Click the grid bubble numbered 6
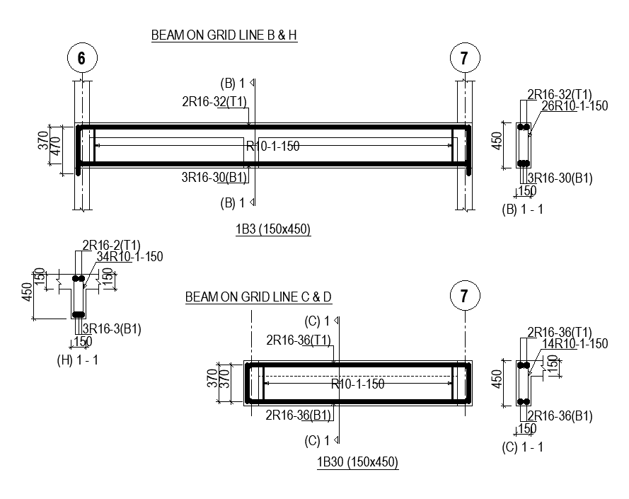pyautogui.click(x=82, y=59)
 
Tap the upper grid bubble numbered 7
pyautogui.click(x=464, y=59)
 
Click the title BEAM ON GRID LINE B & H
pyautogui.click(x=224, y=35)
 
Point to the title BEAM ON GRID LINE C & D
pyautogui.click(x=258, y=297)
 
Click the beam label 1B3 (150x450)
pyautogui.click(x=274, y=229)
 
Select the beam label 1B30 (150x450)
pyautogui.click(x=357, y=463)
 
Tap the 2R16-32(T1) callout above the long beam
pyautogui.click(x=214, y=102)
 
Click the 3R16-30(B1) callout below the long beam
pyautogui.click(x=214, y=178)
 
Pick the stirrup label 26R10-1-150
pyautogui.click(x=575, y=106)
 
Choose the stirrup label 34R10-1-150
pyautogui.click(x=129, y=257)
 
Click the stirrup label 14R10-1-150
pyautogui.click(x=575, y=344)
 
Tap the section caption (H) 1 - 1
pyautogui.click(x=78, y=360)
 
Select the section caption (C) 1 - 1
pyautogui.click(x=523, y=447)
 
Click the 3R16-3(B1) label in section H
pyautogui.click(x=112, y=328)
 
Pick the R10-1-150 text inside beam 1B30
pyautogui.click(x=358, y=384)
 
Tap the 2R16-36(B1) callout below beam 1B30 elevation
pyautogui.click(x=299, y=415)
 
